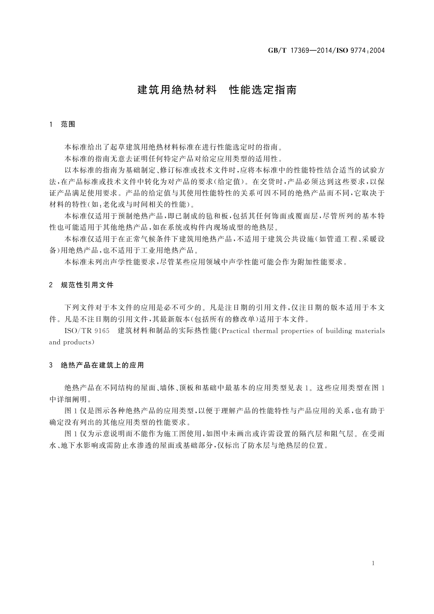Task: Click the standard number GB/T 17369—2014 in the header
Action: click(298, 50)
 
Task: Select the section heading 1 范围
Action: click(62, 124)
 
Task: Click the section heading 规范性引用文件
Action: click(87, 285)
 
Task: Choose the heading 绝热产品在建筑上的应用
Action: click(102, 365)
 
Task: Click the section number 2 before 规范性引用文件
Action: click(51, 285)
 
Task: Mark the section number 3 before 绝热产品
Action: click(51, 365)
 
